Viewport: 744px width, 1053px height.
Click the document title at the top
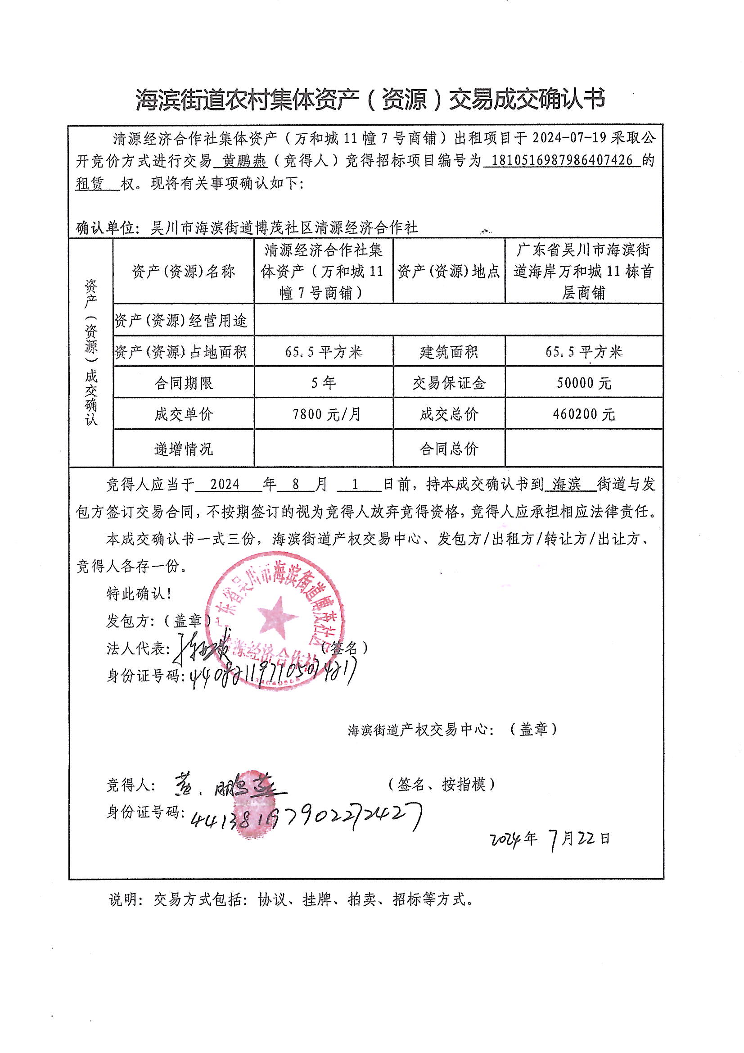coord(370,100)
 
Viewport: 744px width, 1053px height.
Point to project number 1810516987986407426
coord(562,160)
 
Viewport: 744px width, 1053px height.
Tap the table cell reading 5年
coord(323,383)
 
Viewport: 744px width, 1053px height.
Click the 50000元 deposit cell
coord(584,383)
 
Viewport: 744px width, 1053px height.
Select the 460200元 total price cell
coord(584,415)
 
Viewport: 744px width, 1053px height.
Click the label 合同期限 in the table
coord(183,383)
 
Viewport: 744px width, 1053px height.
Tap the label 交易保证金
coord(449,383)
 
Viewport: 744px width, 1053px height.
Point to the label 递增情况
coord(183,449)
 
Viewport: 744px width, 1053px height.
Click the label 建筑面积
coord(449,352)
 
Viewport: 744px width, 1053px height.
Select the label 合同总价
coord(449,449)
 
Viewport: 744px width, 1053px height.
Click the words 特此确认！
coord(139,594)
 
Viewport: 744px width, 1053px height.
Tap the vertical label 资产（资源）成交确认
coord(91,352)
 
